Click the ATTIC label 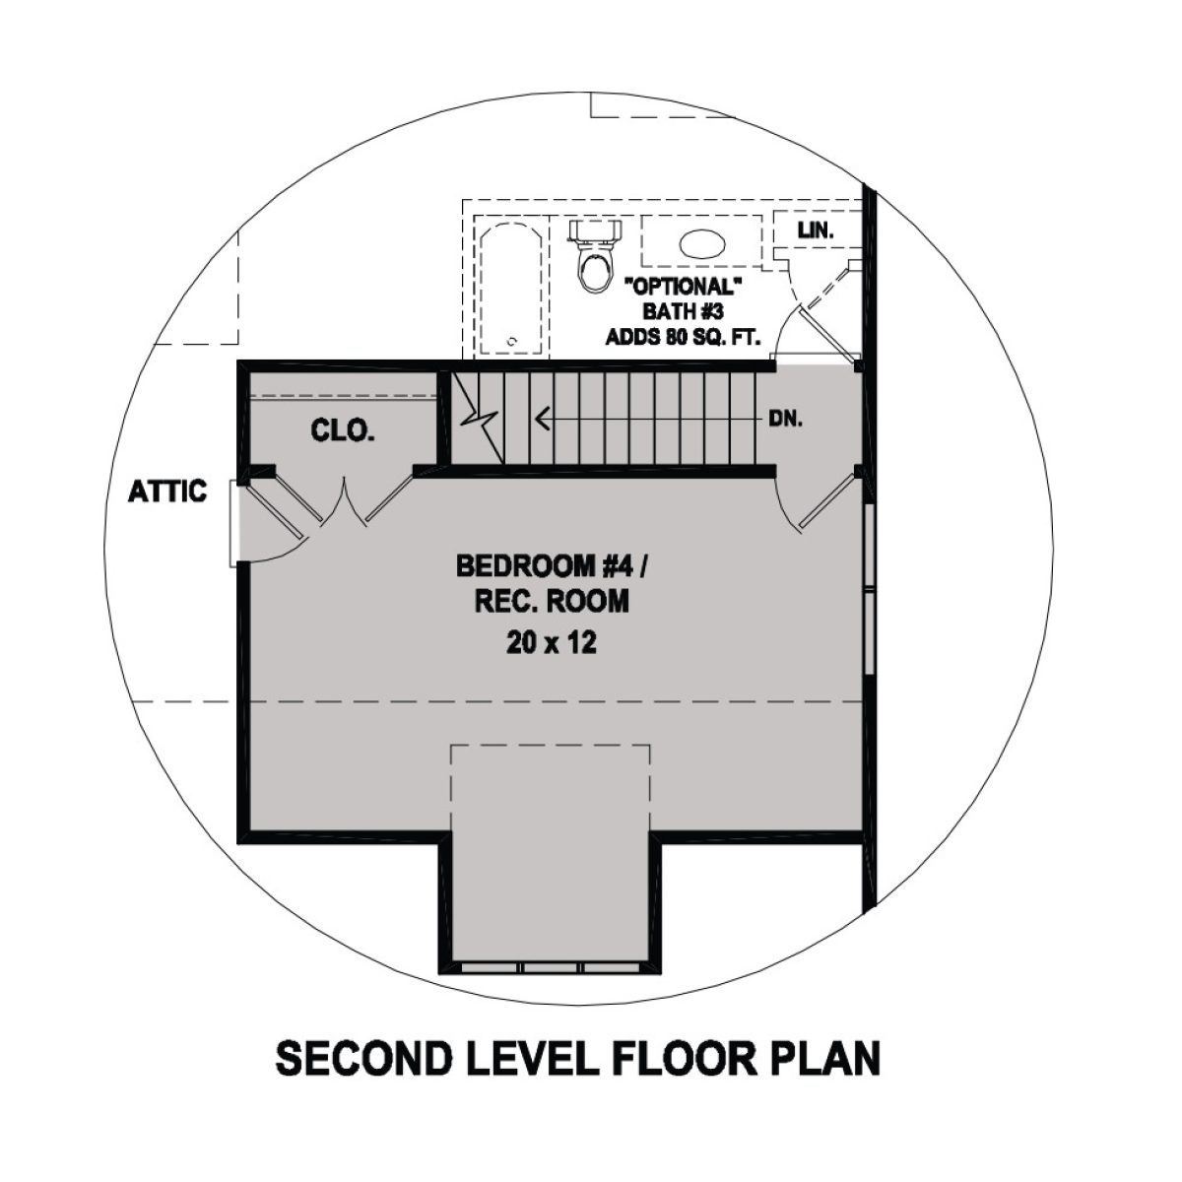pyautogui.click(x=167, y=491)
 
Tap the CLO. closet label pyautogui.click(x=342, y=430)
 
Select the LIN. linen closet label pyautogui.click(x=817, y=231)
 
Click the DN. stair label pyautogui.click(x=786, y=419)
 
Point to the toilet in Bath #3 pyautogui.click(x=595, y=260)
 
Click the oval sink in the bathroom pyautogui.click(x=702, y=243)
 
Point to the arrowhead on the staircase pyautogui.click(x=541, y=420)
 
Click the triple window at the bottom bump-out pyautogui.click(x=551, y=967)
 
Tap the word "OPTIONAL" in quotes pyautogui.click(x=682, y=288)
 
